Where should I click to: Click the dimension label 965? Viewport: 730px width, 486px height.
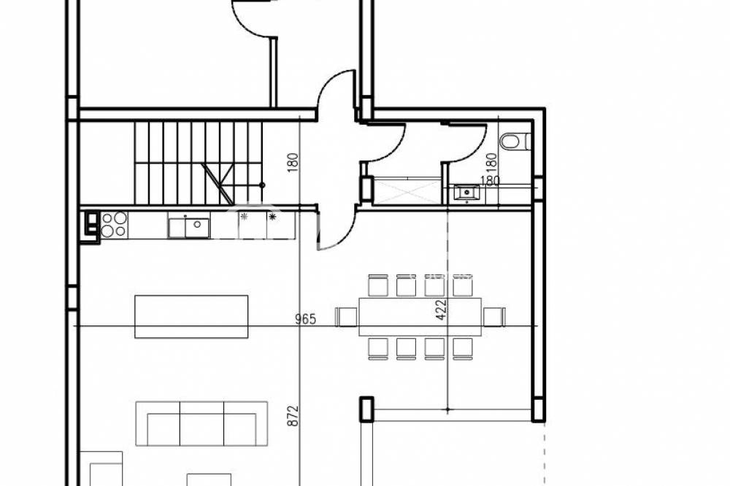tap(305, 320)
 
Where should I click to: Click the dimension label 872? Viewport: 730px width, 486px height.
tap(293, 416)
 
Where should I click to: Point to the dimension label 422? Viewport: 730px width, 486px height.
tap(441, 309)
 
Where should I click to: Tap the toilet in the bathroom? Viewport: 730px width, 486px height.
tap(515, 142)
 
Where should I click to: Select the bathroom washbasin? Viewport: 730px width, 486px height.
tap(466, 192)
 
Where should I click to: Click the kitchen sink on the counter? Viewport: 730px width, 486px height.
tap(189, 228)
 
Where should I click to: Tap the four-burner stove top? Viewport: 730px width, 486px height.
tap(114, 224)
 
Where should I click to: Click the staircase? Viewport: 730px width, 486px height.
tap(199, 163)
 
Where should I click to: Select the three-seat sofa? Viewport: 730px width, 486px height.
tap(201, 424)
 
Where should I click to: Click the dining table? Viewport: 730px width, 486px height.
tap(420, 316)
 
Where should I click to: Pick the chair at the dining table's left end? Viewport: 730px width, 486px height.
tap(346, 317)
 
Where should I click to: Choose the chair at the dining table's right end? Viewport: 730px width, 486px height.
tap(494, 317)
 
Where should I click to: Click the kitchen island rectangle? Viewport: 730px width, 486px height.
tap(191, 317)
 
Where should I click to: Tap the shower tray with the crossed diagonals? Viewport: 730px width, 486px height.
tap(407, 191)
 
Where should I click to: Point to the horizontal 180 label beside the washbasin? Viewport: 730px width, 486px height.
tap(490, 181)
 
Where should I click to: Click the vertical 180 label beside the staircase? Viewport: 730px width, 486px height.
tap(293, 163)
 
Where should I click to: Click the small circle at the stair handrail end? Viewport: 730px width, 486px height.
tap(262, 185)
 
